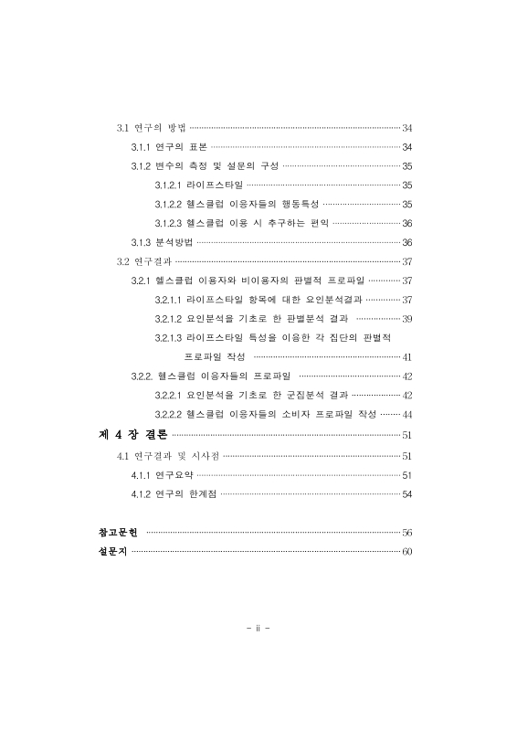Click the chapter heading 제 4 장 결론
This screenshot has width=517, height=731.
(x=132, y=435)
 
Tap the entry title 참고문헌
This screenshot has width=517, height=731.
(x=117, y=533)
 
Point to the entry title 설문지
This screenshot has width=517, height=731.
(x=111, y=552)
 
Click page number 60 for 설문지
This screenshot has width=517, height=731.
(x=407, y=552)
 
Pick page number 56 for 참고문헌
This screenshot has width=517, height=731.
(x=407, y=533)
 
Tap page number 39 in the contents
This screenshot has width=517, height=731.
(x=407, y=319)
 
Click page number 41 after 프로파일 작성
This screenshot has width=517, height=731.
(x=407, y=357)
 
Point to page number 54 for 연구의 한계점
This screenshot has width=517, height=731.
(x=407, y=494)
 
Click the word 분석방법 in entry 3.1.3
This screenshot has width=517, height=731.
(x=174, y=242)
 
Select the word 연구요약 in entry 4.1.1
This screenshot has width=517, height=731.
(x=174, y=475)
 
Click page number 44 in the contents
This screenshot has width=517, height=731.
(x=407, y=415)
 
